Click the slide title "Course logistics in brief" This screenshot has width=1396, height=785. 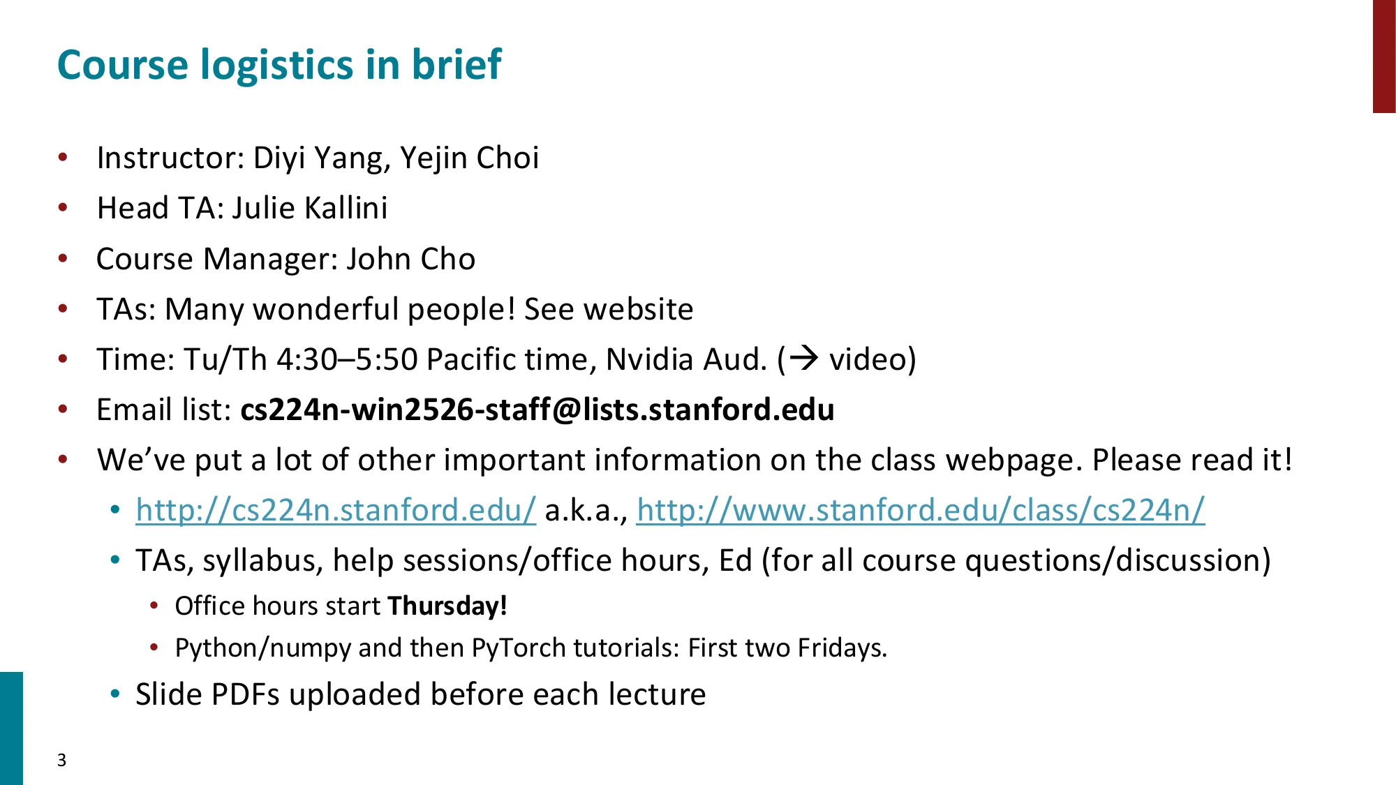coord(279,65)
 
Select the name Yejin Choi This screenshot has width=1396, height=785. coord(470,158)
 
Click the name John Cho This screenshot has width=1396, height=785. coord(411,259)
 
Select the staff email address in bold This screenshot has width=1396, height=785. coord(537,410)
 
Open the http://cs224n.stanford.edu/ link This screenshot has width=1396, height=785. coord(336,510)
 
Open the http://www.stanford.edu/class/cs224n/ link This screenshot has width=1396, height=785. coord(920,510)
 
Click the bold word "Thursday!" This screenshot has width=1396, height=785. coord(447,606)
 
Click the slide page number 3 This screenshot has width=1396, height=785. coord(62,760)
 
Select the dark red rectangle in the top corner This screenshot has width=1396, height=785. coord(1383,56)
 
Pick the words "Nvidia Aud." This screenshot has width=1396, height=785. coord(686,359)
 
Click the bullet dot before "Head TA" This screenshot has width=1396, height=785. coord(64,208)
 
